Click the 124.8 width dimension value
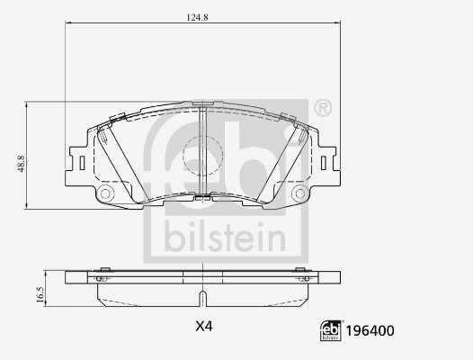(x=197, y=17)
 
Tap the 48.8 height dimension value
(x=21, y=164)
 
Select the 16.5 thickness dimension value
(x=40, y=294)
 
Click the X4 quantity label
(x=204, y=326)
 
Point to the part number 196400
(x=370, y=331)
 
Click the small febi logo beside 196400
(x=331, y=330)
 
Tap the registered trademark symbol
(x=323, y=108)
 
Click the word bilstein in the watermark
(x=225, y=237)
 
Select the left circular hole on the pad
(x=105, y=193)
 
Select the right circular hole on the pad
(x=300, y=193)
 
